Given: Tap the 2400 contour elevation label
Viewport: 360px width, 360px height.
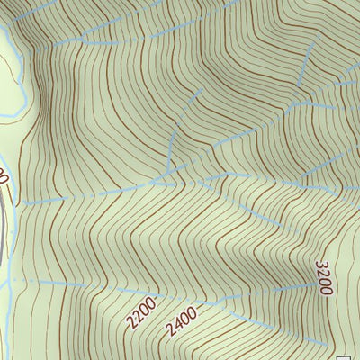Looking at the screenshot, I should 181,319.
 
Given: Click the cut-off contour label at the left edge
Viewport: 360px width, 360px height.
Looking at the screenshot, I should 3,176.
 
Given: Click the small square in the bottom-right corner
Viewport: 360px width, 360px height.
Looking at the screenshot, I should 354,354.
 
